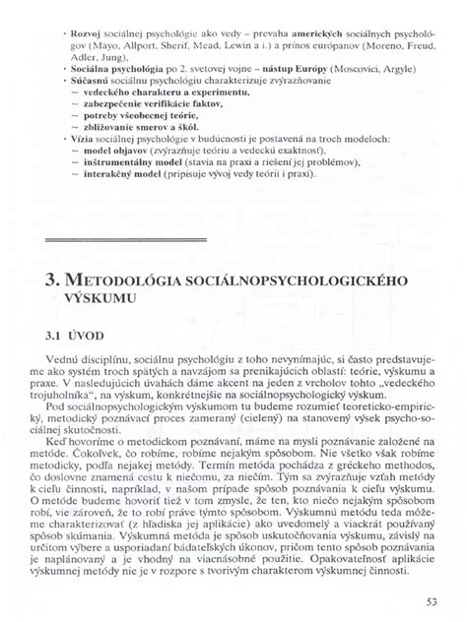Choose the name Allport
click(150, 42)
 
